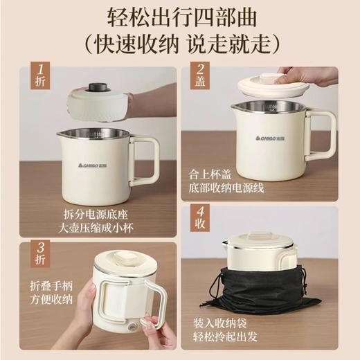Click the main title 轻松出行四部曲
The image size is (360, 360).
pos(180,17)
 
